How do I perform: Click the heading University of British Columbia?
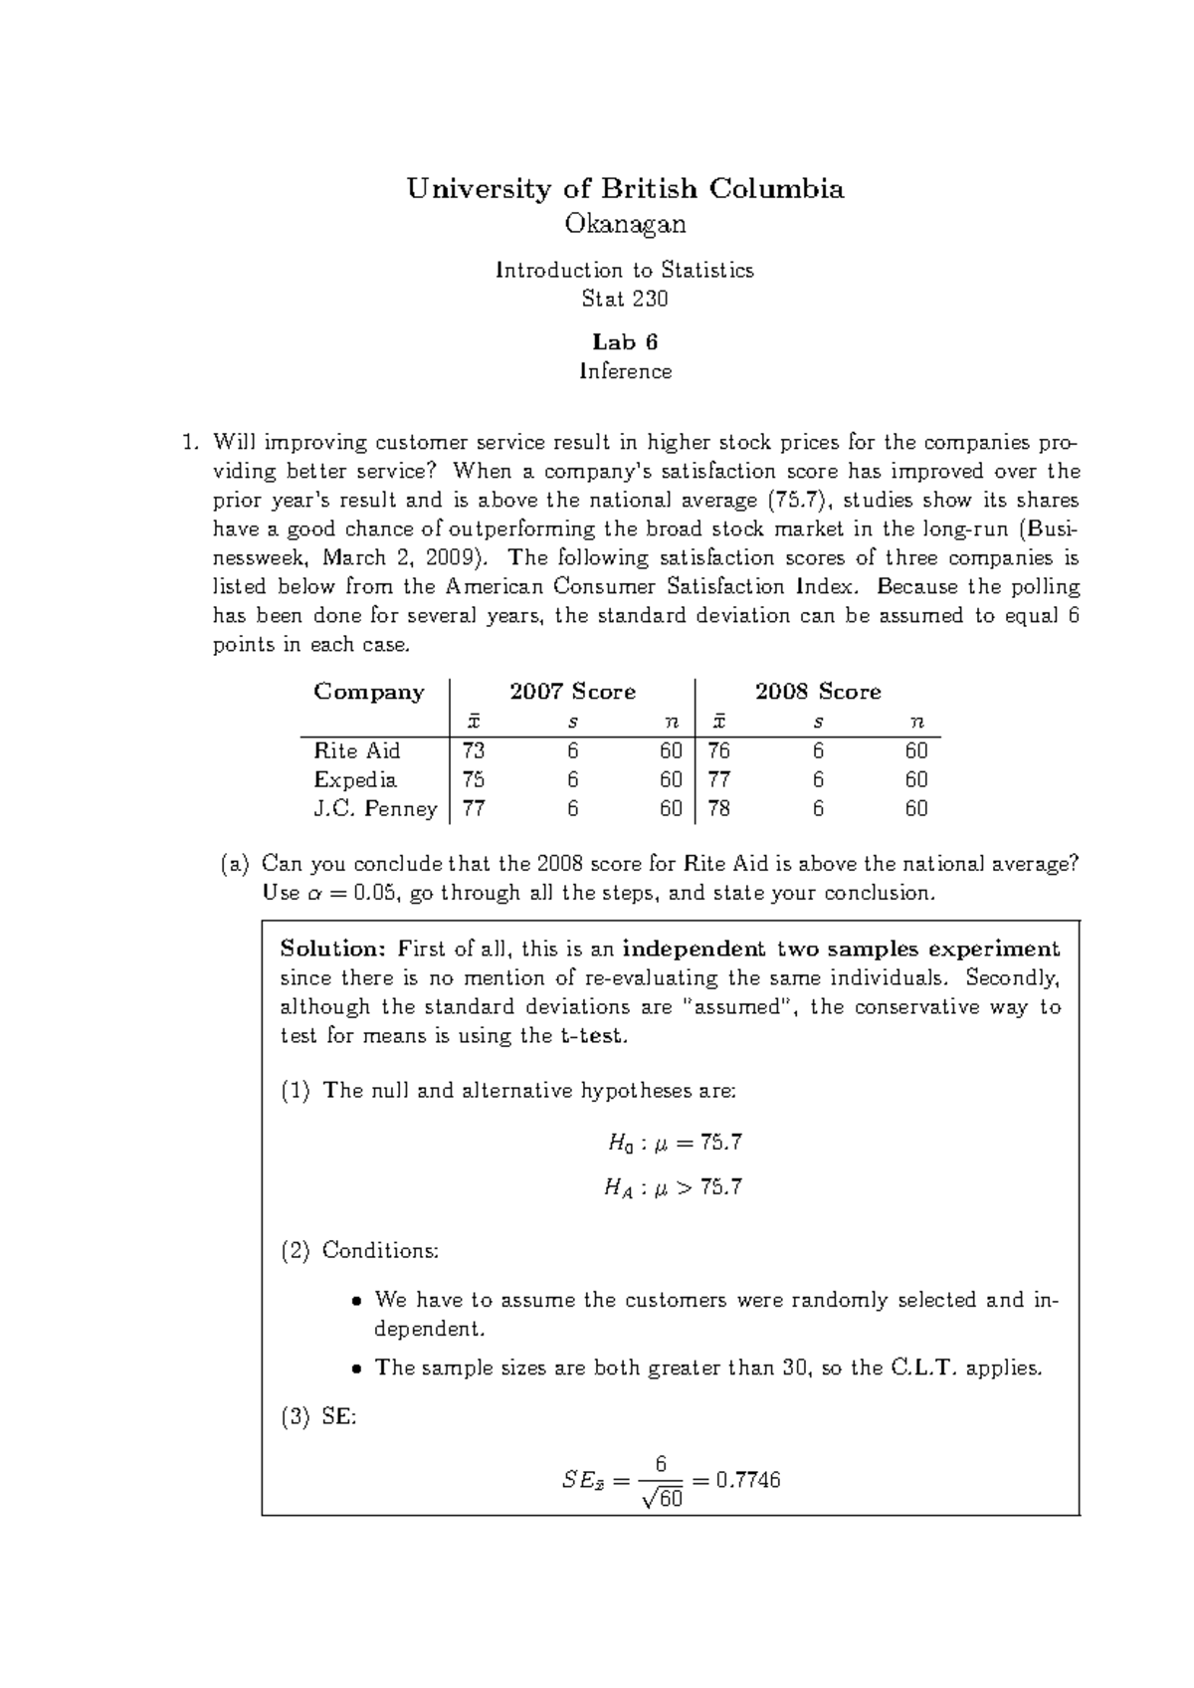pyautogui.click(x=625, y=189)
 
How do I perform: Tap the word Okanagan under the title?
pyautogui.click(x=625, y=225)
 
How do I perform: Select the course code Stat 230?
pyautogui.click(x=625, y=299)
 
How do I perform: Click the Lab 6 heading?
pyautogui.click(x=625, y=342)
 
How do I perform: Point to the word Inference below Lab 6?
pyautogui.click(x=625, y=371)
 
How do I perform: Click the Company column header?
pyautogui.click(x=369, y=692)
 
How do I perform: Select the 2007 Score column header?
pyautogui.click(x=572, y=692)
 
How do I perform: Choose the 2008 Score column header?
pyautogui.click(x=817, y=692)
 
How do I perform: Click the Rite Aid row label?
pyautogui.click(x=356, y=750)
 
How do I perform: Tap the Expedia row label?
pyautogui.click(x=355, y=779)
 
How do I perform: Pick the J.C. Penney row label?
pyautogui.click(x=375, y=808)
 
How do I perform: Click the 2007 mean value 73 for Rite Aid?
pyautogui.click(x=474, y=750)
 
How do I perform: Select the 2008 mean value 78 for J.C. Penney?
pyautogui.click(x=718, y=808)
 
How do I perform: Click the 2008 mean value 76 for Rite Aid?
pyautogui.click(x=718, y=750)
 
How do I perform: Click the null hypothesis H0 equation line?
pyautogui.click(x=675, y=1143)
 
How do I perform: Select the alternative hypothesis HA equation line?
pyautogui.click(x=674, y=1187)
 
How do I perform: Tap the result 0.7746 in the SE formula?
pyautogui.click(x=747, y=1480)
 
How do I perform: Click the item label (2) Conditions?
pyautogui.click(x=359, y=1251)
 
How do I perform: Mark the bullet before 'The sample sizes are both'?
pyautogui.click(x=358, y=1369)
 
